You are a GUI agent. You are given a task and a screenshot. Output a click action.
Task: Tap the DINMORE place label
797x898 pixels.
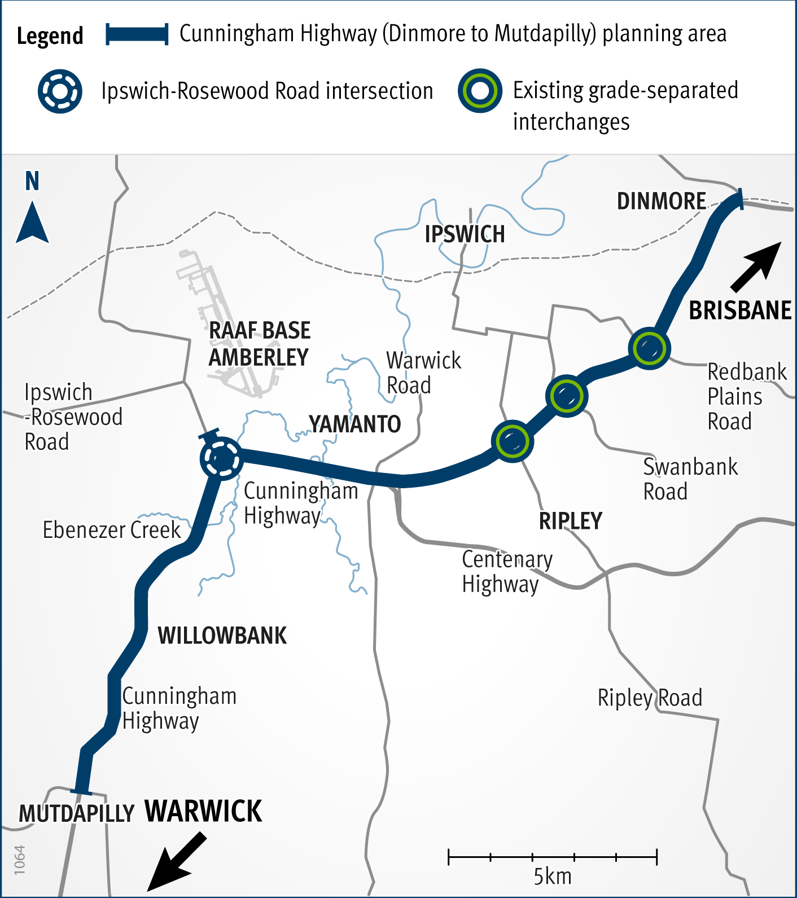click(661, 201)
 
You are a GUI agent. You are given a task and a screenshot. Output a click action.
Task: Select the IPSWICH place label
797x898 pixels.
click(465, 234)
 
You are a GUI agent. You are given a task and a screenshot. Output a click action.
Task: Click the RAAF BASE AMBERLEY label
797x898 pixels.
click(259, 344)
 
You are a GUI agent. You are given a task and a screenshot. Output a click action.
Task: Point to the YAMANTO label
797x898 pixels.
click(354, 424)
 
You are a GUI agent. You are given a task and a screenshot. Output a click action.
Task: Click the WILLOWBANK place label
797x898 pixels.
click(222, 636)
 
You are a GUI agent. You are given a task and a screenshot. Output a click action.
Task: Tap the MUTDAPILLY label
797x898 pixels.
click(76, 814)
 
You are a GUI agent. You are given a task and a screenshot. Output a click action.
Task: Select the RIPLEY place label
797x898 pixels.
click(571, 521)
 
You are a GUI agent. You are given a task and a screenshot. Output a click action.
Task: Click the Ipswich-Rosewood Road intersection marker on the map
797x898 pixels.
click(221, 458)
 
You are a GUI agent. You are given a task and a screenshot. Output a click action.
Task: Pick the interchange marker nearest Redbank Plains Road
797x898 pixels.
click(649, 348)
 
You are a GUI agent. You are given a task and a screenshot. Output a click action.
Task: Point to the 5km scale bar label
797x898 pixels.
click(553, 877)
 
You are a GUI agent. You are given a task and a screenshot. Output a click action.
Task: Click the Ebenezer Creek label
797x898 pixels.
click(112, 530)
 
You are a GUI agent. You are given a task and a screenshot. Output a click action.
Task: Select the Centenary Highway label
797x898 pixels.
click(507, 571)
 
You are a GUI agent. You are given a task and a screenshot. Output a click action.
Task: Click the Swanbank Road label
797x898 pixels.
click(690, 479)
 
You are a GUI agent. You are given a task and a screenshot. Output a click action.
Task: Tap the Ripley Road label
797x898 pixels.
click(650, 698)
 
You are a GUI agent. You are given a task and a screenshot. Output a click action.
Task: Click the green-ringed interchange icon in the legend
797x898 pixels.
click(480, 91)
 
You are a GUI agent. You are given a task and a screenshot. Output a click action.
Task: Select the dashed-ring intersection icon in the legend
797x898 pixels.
click(60, 91)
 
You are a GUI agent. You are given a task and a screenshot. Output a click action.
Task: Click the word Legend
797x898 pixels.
click(50, 36)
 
